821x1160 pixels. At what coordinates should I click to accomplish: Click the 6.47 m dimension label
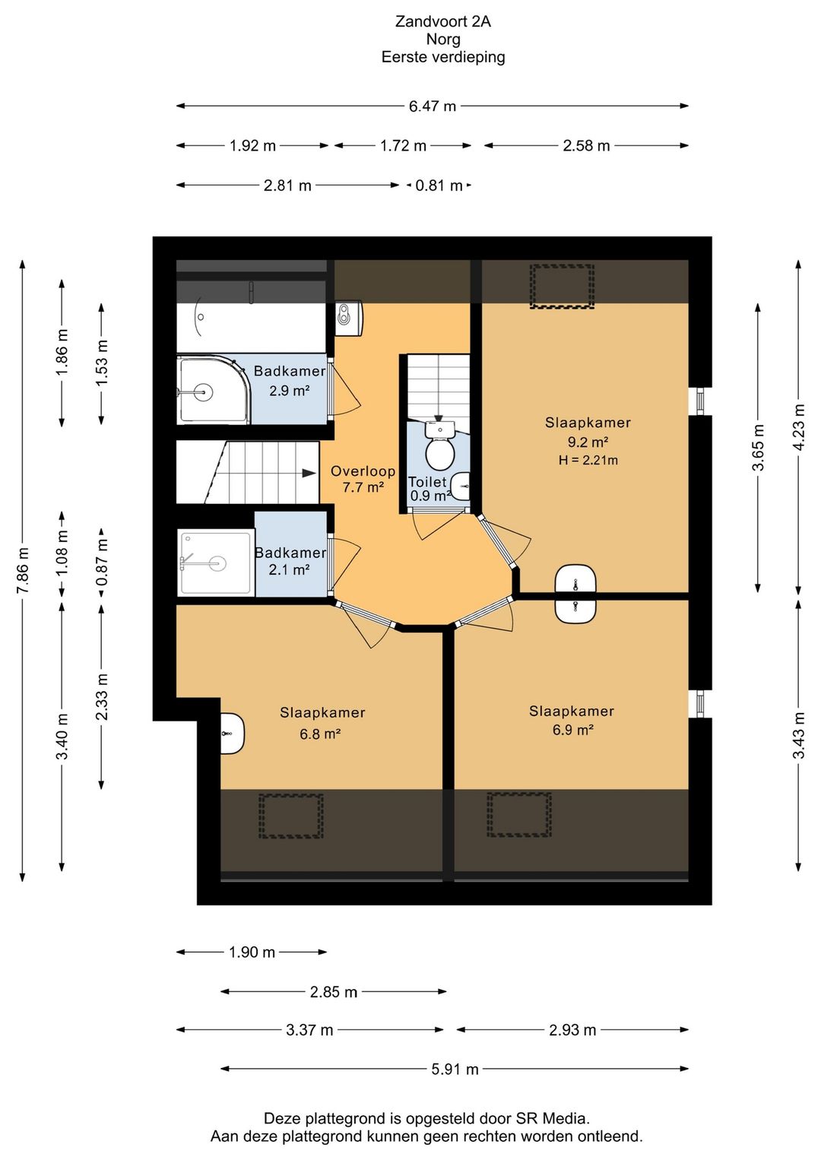433,106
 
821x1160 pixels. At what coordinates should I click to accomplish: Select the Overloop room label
363,471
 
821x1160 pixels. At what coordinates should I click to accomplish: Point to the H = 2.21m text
588,460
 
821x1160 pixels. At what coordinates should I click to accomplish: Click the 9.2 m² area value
588,442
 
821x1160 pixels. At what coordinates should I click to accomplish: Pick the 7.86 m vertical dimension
22,570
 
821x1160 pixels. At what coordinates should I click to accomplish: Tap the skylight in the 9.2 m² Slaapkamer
562,287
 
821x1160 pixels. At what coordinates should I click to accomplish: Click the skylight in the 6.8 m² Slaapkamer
291,816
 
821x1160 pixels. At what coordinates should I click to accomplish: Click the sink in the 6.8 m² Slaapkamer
233,734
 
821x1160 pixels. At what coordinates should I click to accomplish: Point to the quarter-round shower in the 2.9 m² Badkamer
214,390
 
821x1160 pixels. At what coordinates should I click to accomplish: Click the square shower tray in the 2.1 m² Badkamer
216,563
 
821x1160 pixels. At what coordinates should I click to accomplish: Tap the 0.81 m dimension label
439,185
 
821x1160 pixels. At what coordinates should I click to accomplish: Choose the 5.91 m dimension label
455,1069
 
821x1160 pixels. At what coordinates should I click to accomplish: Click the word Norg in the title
443,39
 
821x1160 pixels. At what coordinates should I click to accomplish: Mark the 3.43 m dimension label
799,735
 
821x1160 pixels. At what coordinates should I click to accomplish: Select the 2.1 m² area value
289,569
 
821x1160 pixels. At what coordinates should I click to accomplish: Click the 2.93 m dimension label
572,1030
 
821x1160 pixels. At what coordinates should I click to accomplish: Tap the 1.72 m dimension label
403,146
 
